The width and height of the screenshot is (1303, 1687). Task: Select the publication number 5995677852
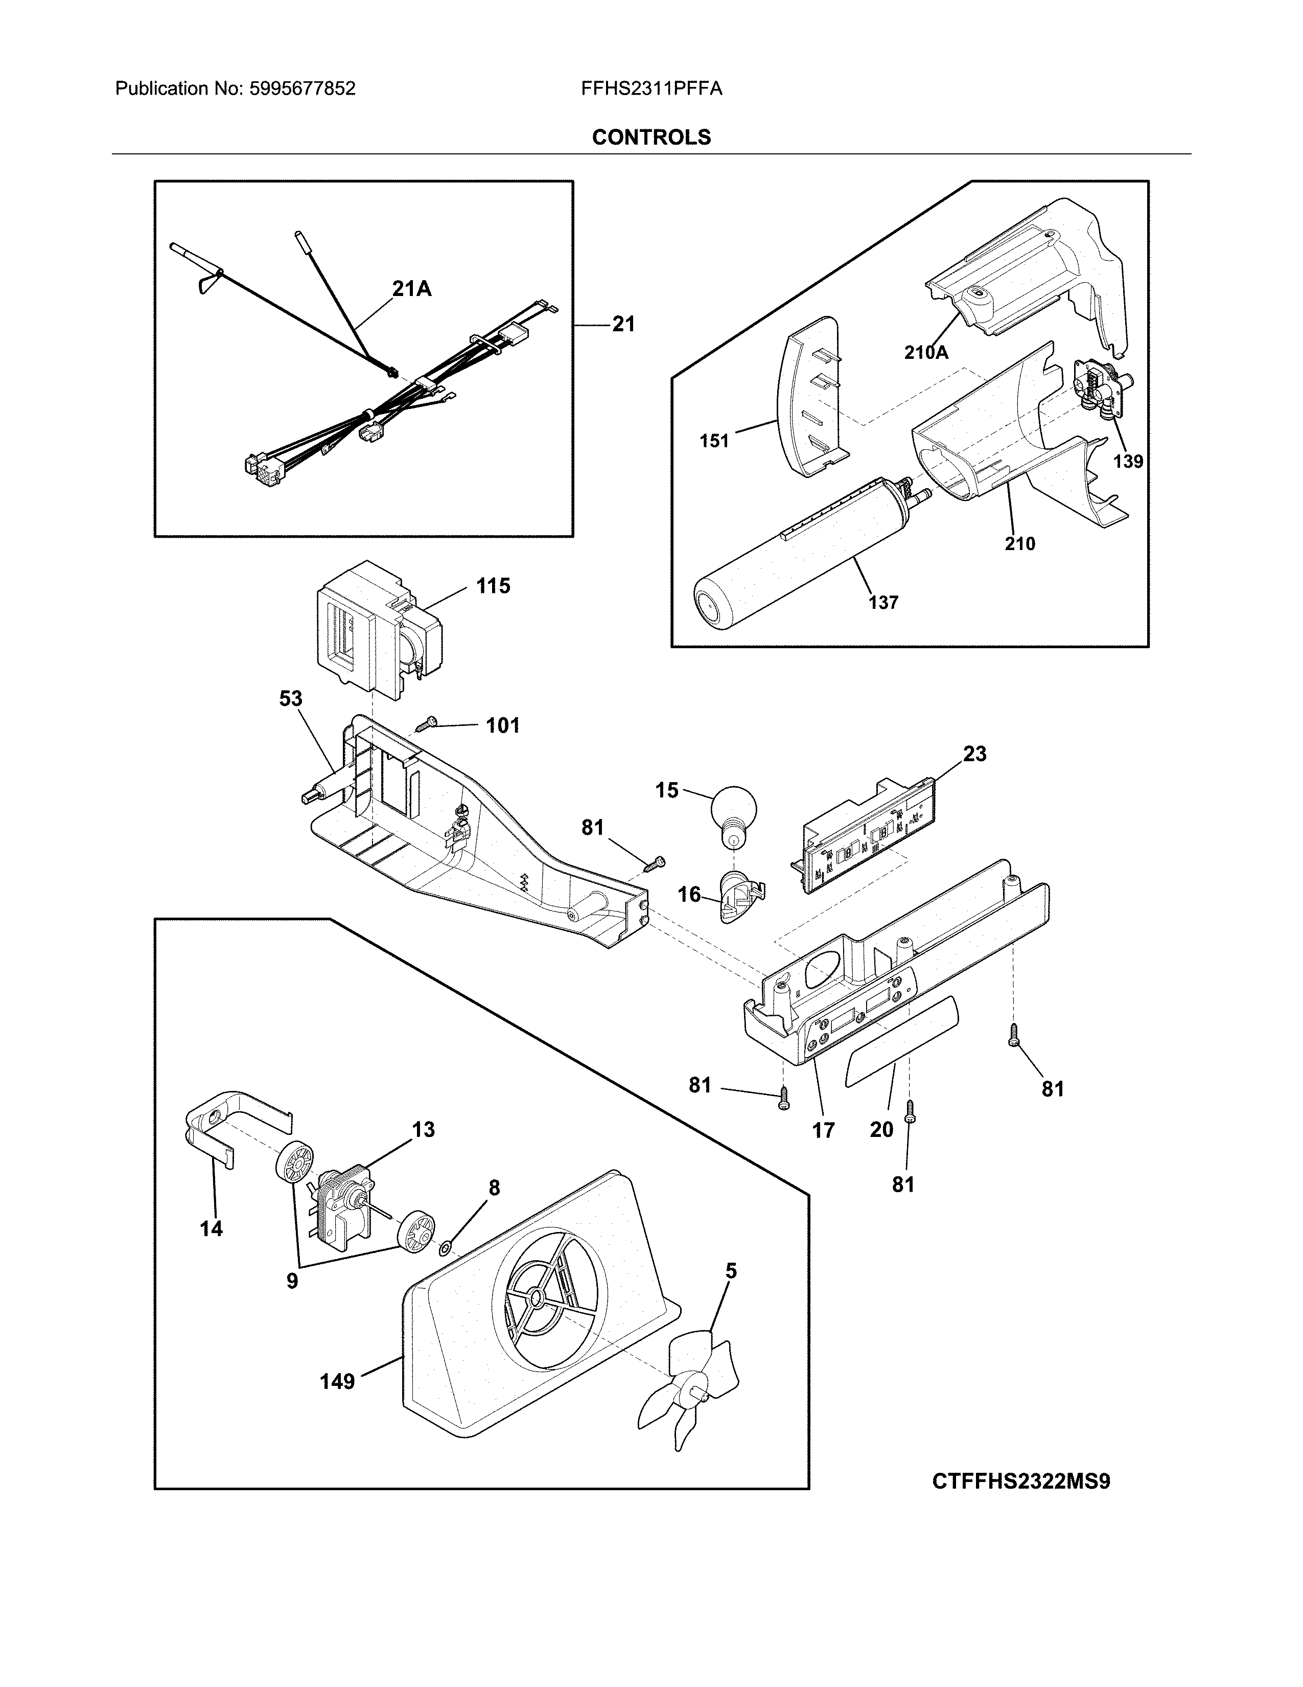coord(302,89)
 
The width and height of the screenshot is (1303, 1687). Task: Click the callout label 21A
coord(411,289)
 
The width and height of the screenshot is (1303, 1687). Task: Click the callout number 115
coord(493,586)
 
